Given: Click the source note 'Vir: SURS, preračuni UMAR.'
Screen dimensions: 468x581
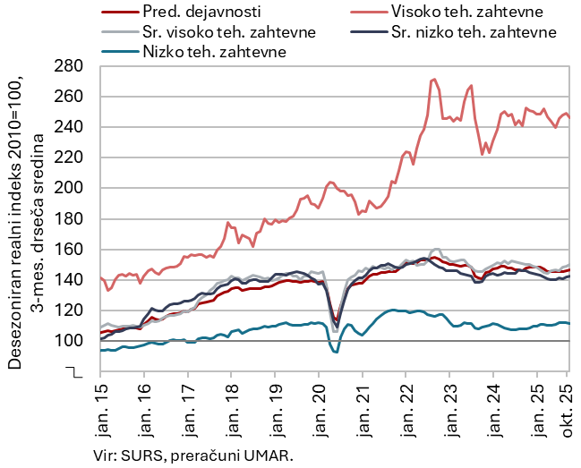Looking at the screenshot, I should (192, 455).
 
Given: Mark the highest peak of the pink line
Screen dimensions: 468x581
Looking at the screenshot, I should (433, 79).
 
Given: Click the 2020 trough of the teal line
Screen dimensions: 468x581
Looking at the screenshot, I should (335, 352).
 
